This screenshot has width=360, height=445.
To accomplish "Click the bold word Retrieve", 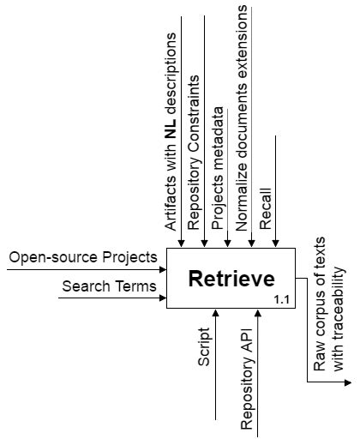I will pyautogui.click(x=231, y=279).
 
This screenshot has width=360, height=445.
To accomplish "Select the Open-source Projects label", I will pyautogui.click(x=83, y=256).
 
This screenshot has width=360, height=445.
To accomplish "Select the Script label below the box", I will pyautogui.click(x=204, y=344).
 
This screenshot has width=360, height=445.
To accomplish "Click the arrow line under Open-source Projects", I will pyautogui.click(x=86, y=269).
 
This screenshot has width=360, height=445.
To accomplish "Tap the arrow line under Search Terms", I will pyautogui.click(x=111, y=298).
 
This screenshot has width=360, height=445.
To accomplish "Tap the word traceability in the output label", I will pyautogui.click(x=338, y=318).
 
